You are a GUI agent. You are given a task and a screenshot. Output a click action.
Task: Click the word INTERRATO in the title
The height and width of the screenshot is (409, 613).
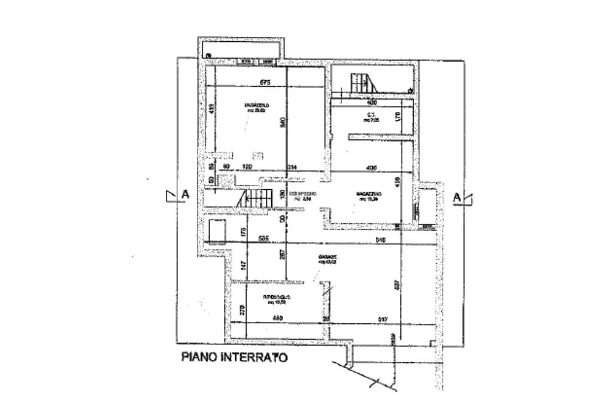254,358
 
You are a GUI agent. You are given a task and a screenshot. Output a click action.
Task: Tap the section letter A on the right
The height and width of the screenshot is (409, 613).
457,196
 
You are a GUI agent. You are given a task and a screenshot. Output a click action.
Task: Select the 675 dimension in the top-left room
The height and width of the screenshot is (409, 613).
265,83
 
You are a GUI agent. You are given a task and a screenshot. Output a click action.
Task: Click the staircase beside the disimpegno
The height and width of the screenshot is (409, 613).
253,197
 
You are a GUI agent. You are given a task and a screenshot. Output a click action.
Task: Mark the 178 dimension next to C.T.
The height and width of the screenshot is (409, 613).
398,117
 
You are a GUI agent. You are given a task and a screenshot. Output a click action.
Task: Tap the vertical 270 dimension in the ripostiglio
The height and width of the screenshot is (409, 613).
242,310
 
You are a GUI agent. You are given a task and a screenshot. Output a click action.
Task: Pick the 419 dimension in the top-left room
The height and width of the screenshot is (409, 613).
211,109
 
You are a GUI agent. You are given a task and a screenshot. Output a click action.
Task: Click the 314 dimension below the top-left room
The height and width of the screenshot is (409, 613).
293,168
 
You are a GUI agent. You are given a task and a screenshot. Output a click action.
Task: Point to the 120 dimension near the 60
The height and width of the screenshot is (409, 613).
245,168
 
